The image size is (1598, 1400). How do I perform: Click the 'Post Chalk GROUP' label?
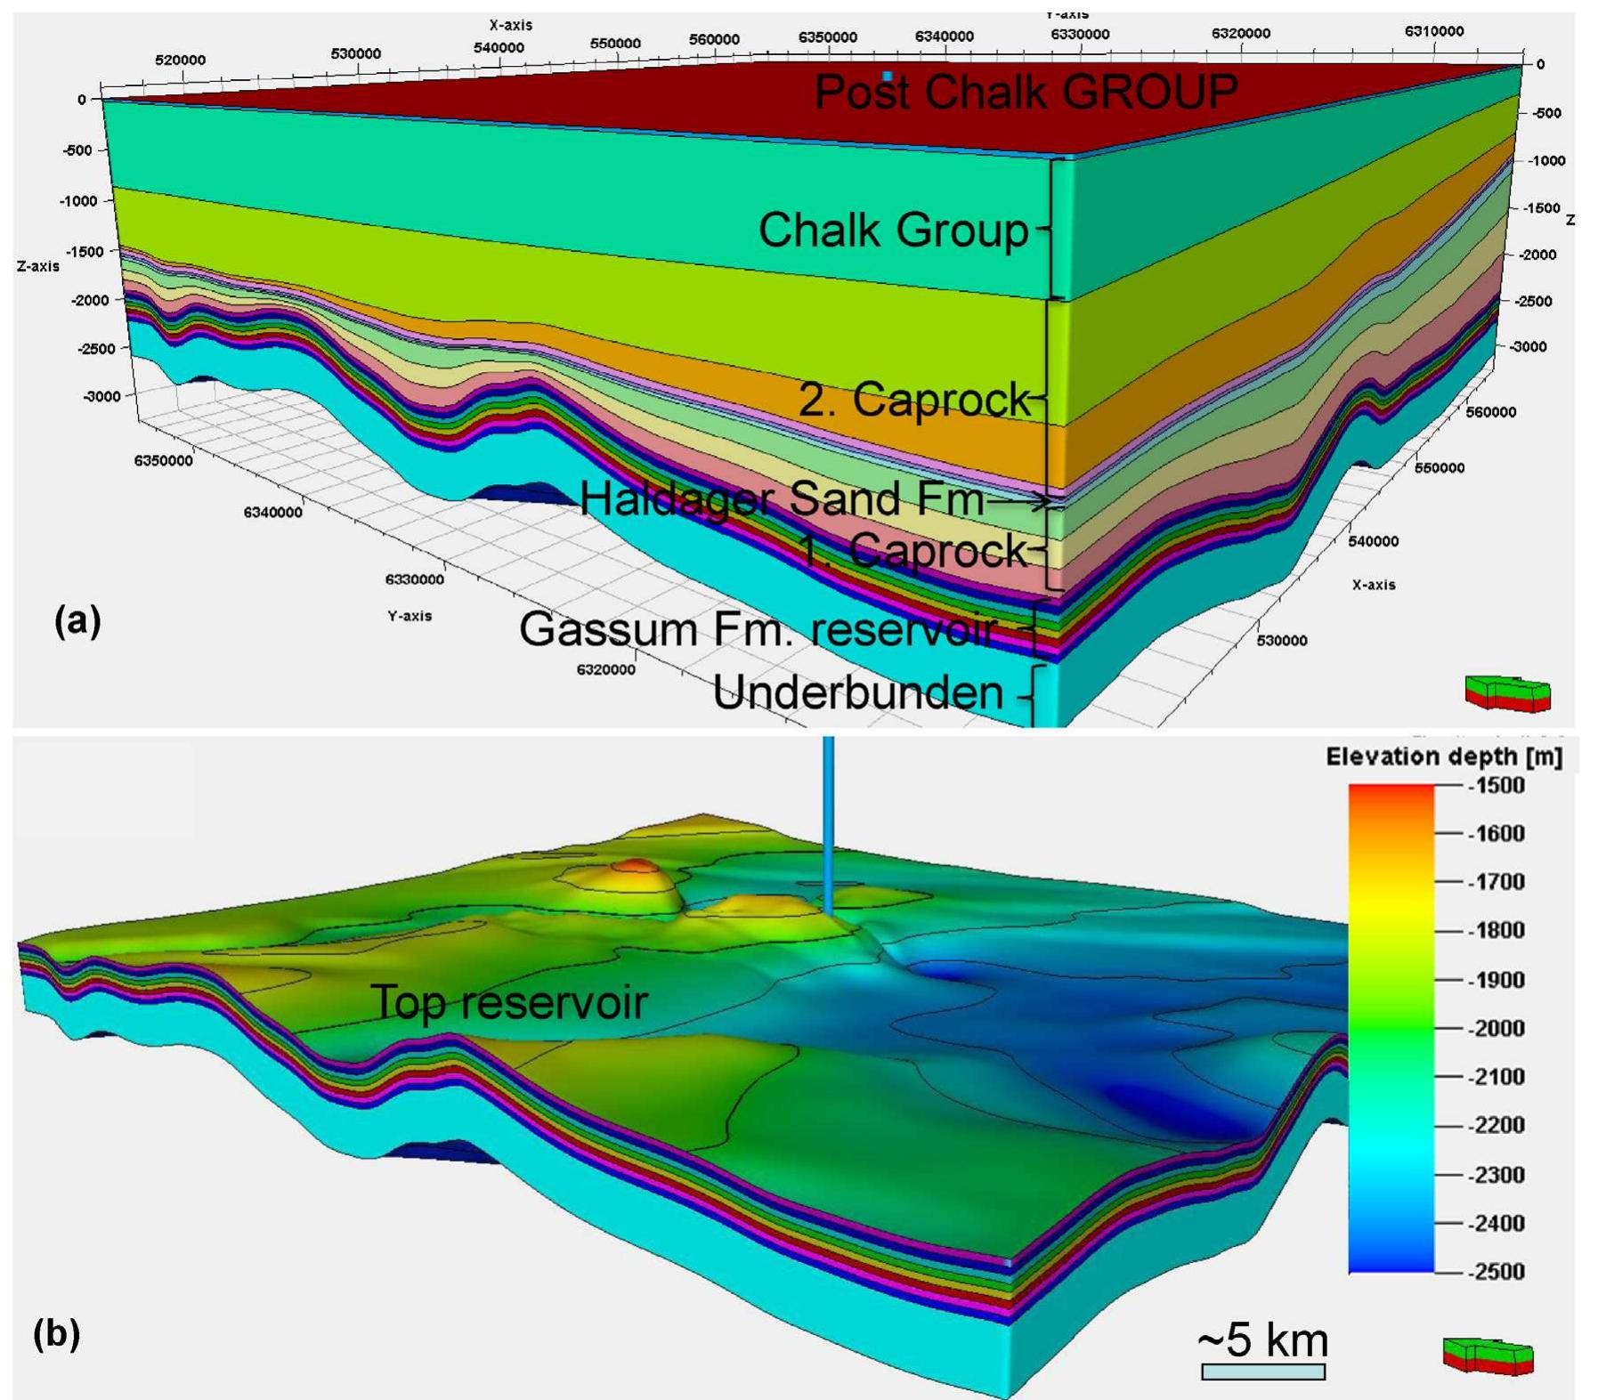click(1026, 92)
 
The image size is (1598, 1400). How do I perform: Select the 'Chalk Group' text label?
click(892, 230)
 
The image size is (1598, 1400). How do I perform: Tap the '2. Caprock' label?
click(913, 399)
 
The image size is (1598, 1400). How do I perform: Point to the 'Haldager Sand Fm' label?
click(782, 498)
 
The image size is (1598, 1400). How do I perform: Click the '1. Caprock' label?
click(912, 550)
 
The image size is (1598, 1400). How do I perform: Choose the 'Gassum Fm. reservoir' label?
click(757, 629)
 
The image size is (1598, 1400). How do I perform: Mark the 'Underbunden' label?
click(858, 692)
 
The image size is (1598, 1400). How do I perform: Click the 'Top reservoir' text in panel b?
click(508, 1002)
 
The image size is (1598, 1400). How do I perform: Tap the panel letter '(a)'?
click(77, 620)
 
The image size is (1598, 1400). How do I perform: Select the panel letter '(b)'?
click(56, 1333)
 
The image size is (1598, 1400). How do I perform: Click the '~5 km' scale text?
click(1262, 1339)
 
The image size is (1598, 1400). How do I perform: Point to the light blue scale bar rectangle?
click(1262, 1372)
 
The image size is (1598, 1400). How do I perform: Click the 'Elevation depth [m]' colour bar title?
click(1443, 757)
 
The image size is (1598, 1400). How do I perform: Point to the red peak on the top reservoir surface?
click(634, 864)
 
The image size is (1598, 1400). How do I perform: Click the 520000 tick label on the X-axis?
click(180, 60)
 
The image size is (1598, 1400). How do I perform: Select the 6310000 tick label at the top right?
click(1434, 31)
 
